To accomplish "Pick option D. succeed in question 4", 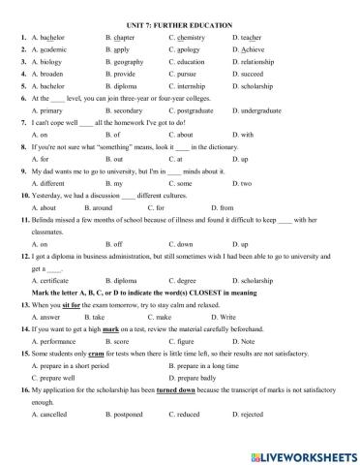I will click(x=250, y=73).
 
